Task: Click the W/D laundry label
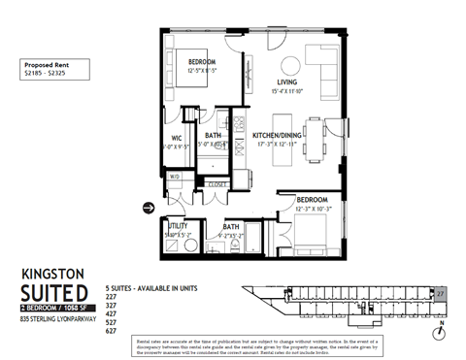[175, 177]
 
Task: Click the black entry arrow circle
[148, 207]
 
